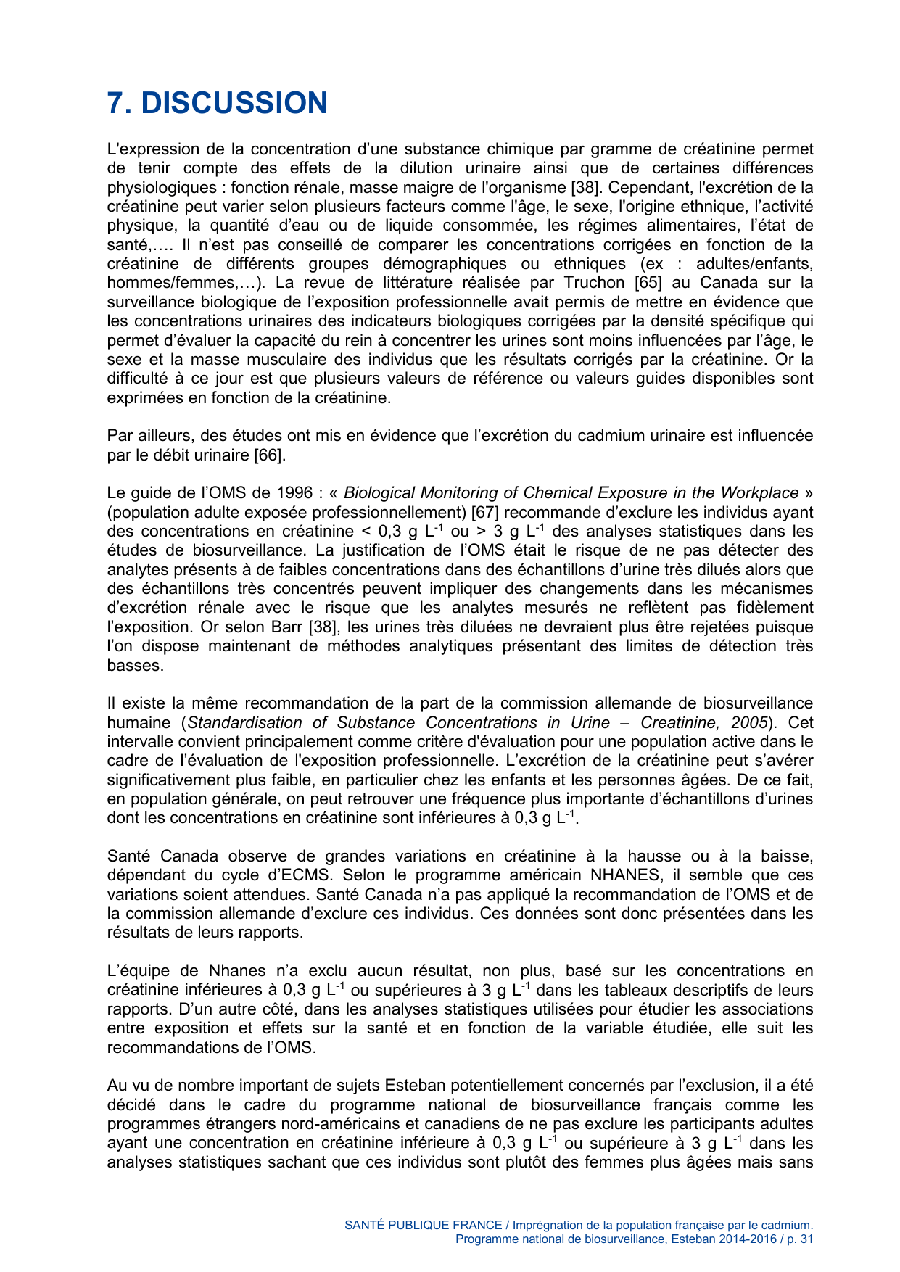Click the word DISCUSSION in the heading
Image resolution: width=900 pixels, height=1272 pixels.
[234, 103]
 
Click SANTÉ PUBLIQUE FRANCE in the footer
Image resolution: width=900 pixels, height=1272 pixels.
[423, 1225]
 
